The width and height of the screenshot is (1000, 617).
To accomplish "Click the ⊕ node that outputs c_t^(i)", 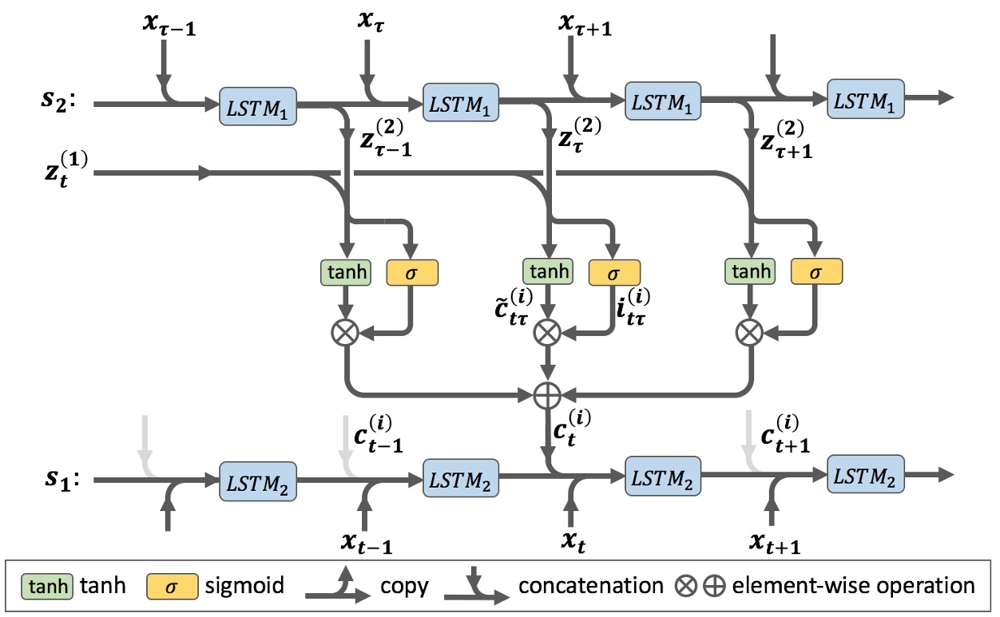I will tap(547, 394).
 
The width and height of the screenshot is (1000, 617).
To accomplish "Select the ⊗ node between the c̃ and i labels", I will tap(547, 332).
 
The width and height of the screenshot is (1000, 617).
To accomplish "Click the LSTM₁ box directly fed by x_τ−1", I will tap(257, 105).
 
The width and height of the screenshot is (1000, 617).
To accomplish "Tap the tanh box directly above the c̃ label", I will tap(547, 272).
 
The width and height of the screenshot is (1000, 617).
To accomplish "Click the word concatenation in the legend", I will tap(590, 586).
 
